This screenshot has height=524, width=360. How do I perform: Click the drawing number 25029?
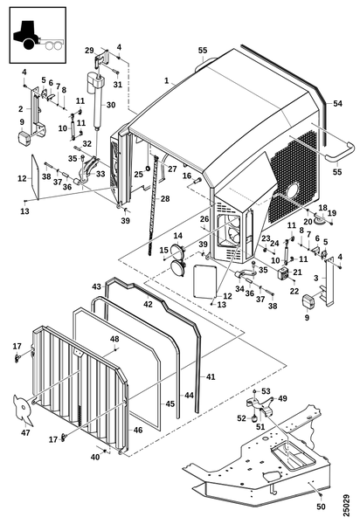(346, 506)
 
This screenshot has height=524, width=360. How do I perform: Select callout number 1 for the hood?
(167, 80)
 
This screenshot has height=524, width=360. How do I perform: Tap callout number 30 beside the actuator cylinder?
(111, 105)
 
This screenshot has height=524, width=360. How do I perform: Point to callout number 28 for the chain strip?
(165, 198)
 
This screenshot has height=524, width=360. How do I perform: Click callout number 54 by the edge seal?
(337, 103)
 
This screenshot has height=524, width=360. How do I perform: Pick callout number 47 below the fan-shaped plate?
(25, 432)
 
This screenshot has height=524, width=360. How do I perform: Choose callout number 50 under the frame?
(321, 507)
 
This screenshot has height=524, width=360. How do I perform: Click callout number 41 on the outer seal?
(211, 376)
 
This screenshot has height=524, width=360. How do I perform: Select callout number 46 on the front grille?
(138, 430)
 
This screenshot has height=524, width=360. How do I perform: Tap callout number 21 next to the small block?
(297, 272)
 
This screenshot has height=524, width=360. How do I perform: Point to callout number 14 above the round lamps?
(178, 237)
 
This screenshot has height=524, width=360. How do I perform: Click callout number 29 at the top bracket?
(89, 51)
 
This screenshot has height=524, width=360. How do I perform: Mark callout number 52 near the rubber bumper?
(242, 418)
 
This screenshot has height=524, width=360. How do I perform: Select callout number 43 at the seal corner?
(97, 286)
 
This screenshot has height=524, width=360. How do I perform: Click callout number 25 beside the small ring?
(138, 175)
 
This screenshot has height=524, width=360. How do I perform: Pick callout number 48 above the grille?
(114, 339)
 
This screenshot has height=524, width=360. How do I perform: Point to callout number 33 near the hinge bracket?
(100, 174)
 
